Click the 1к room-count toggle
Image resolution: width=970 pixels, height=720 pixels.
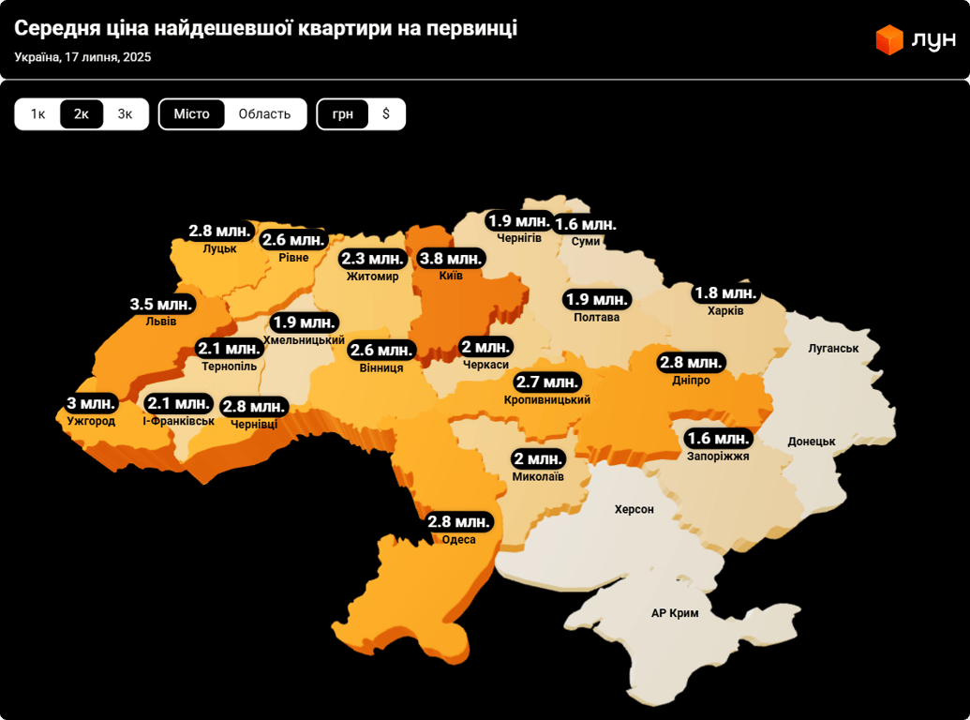37,114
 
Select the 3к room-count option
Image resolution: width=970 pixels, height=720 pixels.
126,114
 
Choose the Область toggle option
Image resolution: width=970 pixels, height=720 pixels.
264,114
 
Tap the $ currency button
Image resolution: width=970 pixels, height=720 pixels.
386,114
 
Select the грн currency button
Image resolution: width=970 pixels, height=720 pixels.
342,114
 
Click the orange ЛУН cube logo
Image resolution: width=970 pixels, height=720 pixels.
888,40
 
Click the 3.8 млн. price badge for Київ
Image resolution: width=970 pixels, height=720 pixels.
451,258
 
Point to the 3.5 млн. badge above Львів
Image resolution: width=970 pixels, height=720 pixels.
161,304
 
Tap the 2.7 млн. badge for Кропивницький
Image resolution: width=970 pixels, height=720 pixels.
548,382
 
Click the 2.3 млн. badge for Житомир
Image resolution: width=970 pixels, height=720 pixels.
372,259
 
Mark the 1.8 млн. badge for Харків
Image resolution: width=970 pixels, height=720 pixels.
724,293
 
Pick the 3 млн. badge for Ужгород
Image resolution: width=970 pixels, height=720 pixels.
91,404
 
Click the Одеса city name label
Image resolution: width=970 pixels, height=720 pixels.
459,540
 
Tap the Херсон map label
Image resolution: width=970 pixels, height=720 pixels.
634,509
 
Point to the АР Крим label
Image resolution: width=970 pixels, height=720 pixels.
675,613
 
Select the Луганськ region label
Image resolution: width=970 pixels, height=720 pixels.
833,348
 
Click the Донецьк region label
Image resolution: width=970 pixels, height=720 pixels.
811,441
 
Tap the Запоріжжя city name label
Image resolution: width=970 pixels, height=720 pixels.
718,456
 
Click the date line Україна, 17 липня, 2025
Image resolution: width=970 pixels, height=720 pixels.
82,57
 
